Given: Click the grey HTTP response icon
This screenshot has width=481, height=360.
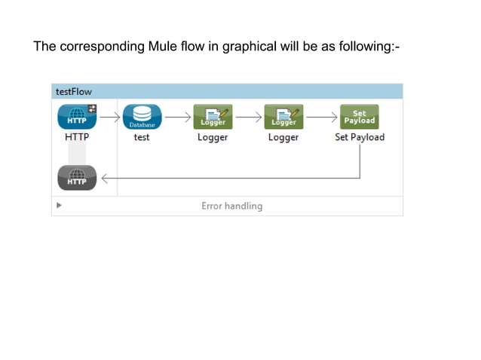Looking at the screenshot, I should [76, 178].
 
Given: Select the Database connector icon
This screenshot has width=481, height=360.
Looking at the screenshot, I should [141, 117].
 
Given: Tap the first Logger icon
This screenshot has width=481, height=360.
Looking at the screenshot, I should [213, 117].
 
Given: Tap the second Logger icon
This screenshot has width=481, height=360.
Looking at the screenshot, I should [283, 117].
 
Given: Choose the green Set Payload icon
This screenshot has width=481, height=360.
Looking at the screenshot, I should [359, 117].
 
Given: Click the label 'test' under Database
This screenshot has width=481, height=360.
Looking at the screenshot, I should [142, 137].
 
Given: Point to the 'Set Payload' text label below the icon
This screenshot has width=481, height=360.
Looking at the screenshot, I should [360, 137].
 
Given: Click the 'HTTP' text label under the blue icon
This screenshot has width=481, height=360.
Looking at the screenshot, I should [76, 137].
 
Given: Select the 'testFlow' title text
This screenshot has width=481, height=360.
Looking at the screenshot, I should [74, 92].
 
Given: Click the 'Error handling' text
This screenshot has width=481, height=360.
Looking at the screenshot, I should [231, 206].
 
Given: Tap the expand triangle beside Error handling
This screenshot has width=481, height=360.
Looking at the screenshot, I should [59, 205].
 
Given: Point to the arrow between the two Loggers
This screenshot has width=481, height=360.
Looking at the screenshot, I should [248, 117].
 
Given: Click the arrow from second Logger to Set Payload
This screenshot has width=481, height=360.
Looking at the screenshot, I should [320, 117].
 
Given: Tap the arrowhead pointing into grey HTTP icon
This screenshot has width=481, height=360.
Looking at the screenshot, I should [105, 178].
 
